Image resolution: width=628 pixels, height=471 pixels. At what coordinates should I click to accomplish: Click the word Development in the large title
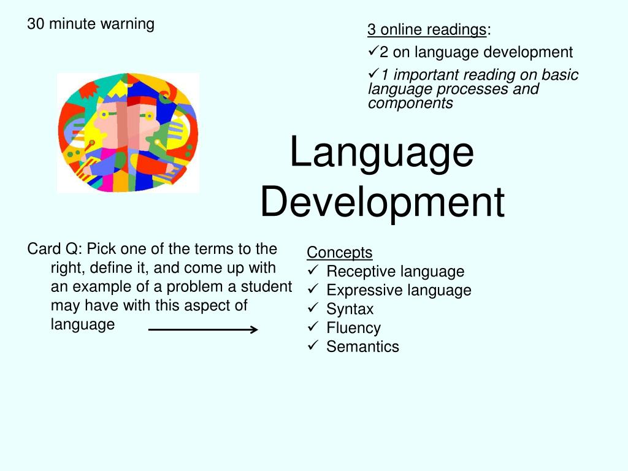[383, 202]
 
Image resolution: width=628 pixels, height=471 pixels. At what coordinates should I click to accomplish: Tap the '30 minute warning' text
[91, 24]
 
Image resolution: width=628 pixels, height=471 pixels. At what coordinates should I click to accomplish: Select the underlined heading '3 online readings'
[427, 29]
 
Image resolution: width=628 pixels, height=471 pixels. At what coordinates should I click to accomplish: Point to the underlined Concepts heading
[340, 253]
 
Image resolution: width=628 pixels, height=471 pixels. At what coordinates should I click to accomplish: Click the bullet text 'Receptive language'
[396, 272]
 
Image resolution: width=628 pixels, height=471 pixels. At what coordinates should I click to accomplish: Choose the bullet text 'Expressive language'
[399, 290]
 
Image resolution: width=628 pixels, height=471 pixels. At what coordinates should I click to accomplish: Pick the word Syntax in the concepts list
[350, 309]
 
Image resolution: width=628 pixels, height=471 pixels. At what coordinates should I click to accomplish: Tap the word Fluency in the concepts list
[354, 328]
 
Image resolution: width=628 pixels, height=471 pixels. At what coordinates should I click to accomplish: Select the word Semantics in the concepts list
[363, 347]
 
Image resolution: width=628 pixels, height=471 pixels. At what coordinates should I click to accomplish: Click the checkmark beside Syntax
[313, 308]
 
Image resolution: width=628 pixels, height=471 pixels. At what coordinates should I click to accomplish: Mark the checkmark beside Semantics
[313, 345]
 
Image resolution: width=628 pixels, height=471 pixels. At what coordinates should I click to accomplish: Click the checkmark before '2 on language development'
[373, 51]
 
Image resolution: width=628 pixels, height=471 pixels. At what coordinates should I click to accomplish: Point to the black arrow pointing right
[203, 329]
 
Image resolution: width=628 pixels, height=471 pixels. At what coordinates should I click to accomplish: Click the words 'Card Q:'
[55, 249]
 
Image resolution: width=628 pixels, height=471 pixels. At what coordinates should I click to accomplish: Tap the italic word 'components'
[410, 103]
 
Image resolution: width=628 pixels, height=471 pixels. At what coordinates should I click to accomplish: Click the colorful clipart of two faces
[128, 132]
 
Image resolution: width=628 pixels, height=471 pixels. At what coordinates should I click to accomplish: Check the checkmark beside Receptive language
[313, 270]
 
